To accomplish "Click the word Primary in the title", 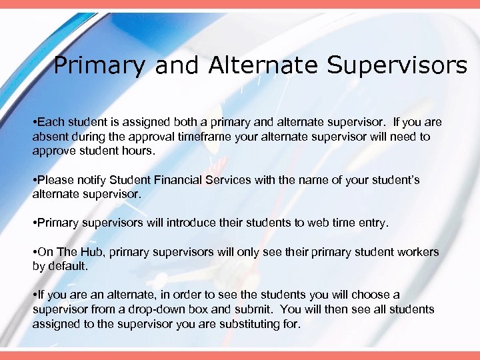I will click(99, 65).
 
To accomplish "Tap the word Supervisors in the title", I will click(397, 65).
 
